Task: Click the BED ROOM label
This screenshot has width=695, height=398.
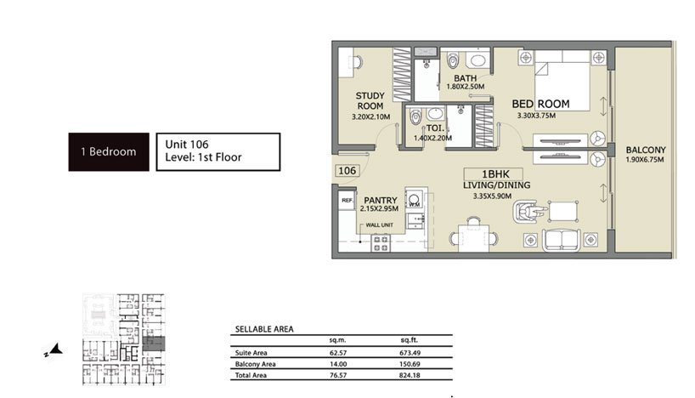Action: (540, 104)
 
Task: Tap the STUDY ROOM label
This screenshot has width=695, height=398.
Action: (370, 100)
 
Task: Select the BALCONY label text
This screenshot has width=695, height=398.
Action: (646, 150)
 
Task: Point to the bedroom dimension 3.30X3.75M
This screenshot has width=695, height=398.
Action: (536, 116)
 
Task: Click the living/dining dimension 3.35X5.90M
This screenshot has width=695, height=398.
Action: (492, 196)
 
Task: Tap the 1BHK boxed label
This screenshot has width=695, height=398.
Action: (494, 174)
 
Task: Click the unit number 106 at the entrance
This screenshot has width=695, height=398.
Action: (347, 171)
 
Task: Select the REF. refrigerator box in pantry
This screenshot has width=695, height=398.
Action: (347, 201)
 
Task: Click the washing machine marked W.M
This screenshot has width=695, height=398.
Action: (414, 200)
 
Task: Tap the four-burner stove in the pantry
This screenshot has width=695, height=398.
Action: (381, 243)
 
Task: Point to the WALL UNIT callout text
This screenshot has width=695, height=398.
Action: (380, 225)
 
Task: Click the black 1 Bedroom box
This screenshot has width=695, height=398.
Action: (109, 151)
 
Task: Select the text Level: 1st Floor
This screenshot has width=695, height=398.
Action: (203, 157)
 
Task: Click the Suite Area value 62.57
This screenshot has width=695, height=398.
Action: (338, 353)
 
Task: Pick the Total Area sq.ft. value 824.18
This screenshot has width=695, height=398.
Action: (410, 375)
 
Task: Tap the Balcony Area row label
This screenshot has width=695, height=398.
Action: (255, 364)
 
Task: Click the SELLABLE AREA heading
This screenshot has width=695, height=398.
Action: (264, 329)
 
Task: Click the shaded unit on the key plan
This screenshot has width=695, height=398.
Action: (154, 344)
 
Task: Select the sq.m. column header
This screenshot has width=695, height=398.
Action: (337, 340)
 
